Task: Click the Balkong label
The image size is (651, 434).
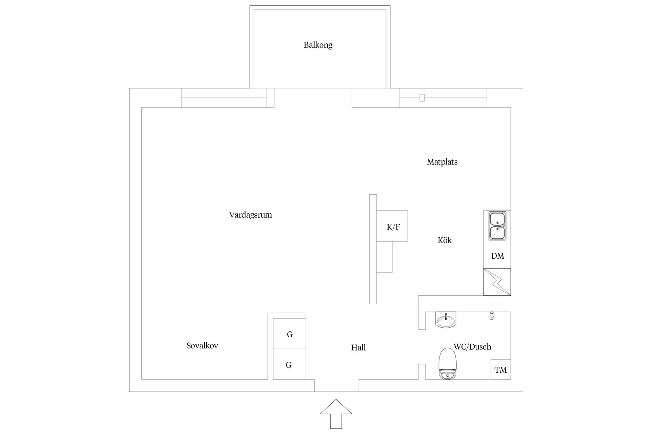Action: [x=318, y=45]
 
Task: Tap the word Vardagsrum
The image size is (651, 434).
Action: [x=250, y=215]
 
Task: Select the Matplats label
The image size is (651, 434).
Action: [x=442, y=162]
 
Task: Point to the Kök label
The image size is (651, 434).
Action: [x=445, y=240]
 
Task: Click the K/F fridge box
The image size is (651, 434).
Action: [x=392, y=226]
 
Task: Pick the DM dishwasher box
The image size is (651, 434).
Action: [x=497, y=256]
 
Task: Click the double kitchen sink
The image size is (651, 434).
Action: [x=497, y=226]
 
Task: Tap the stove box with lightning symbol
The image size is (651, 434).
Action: [x=497, y=282]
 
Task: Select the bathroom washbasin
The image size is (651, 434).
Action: [x=446, y=320]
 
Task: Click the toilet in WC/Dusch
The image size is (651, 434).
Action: [x=448, y=364]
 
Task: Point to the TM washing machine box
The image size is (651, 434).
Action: [x=500, y=370]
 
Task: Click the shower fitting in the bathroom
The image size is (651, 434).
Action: [x=492, y=316]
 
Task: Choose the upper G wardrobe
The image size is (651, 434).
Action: [x=290, y=334]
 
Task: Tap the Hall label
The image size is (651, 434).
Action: [x=358, y=348]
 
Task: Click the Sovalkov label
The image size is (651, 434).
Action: [x=202, y=346]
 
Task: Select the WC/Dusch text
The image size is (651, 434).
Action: [x=472, y=347]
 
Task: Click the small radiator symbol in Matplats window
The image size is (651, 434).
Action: [x=422, y=98]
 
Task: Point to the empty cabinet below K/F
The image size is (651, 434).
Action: [x=384, y=257]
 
